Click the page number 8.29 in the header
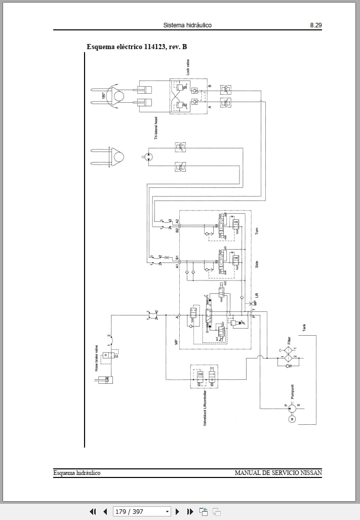pos(315,25)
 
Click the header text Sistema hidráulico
pos(187,25)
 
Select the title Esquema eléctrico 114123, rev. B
pos(137,47)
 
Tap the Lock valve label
pos(187,68)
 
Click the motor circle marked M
pos(292,418)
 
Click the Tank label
pos(304,328)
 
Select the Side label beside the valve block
pos(257,263)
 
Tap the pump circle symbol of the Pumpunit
pos(291,405)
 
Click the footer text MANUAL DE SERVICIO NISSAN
pos(278,473)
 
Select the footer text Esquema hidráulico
pos(77,473)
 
